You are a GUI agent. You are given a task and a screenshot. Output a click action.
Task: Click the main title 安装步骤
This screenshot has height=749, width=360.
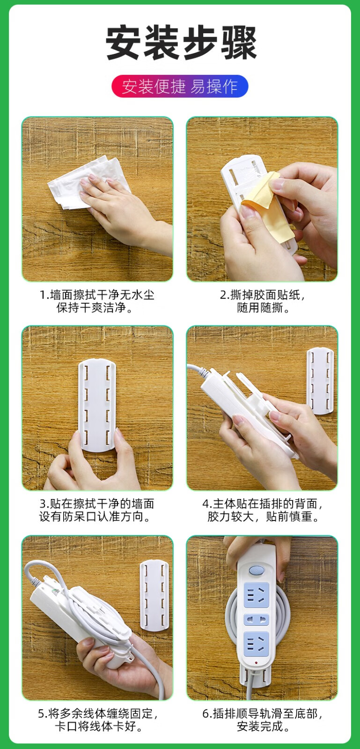(x=181, y=43)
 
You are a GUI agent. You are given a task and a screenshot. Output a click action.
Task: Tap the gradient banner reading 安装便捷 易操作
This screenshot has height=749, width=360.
(x=180, y=86)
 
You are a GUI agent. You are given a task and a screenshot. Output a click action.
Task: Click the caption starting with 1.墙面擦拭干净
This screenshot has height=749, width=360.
(x=97, y=301)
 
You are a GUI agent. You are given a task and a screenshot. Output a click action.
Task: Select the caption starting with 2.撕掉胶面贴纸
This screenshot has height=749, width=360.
(x=263, y=301)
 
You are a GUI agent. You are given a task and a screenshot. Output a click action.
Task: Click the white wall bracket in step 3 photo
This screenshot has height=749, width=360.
(x=97, y=405)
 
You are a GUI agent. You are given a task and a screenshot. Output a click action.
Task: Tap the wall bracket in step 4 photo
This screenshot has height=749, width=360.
(x=320, y=381)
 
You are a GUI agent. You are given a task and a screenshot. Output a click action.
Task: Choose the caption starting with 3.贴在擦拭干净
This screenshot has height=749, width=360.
(x=97, y=510)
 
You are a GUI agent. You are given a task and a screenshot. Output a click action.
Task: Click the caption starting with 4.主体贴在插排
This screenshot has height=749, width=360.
(x=263, y=510)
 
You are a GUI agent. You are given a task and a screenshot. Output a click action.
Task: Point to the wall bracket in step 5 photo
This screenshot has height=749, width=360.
(x=154, y=595)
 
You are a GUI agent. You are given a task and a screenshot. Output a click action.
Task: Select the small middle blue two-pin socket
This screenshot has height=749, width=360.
(x=257, y=620)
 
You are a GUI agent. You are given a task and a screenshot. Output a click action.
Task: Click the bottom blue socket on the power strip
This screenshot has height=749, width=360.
(x=257, y=644)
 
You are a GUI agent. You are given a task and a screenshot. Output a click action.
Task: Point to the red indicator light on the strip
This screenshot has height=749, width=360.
(x=257, y=662)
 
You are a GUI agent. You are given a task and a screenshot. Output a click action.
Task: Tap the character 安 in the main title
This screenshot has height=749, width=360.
(x=123, y=43)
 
